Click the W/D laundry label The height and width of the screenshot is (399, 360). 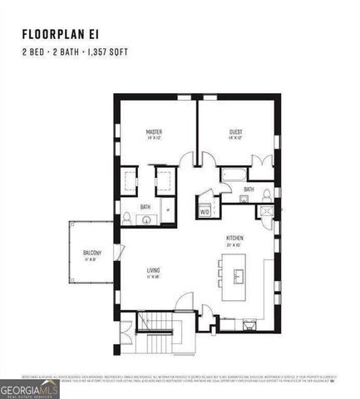pos(205,212)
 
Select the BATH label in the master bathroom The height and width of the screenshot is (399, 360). pos(145,207)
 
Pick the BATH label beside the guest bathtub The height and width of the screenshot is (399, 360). pos(248,190)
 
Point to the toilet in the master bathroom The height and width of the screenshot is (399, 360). pos(127,218)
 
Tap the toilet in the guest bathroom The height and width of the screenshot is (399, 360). pos(266,196)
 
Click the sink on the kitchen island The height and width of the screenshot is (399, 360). pos(239,275)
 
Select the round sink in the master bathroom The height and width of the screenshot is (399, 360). pos(146,220)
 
